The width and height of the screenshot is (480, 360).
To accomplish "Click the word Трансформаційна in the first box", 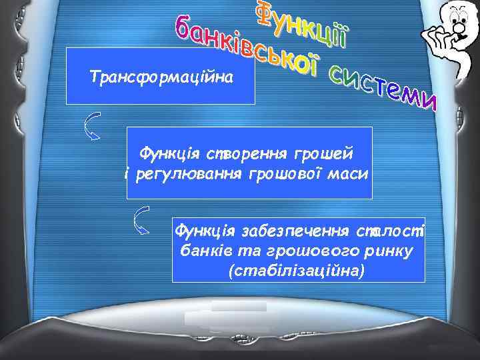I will (x=161, y=78).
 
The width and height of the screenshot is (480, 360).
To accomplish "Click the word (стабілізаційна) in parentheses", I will (x=296, y=272).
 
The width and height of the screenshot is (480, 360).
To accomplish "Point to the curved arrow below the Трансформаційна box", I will (x=92, y=127).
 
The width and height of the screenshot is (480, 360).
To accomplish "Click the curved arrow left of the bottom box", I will (x=141, y=220).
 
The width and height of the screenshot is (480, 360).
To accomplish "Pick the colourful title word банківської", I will (x=247, y=47).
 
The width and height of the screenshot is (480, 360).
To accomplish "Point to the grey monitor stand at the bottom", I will (x=239, y=317).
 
